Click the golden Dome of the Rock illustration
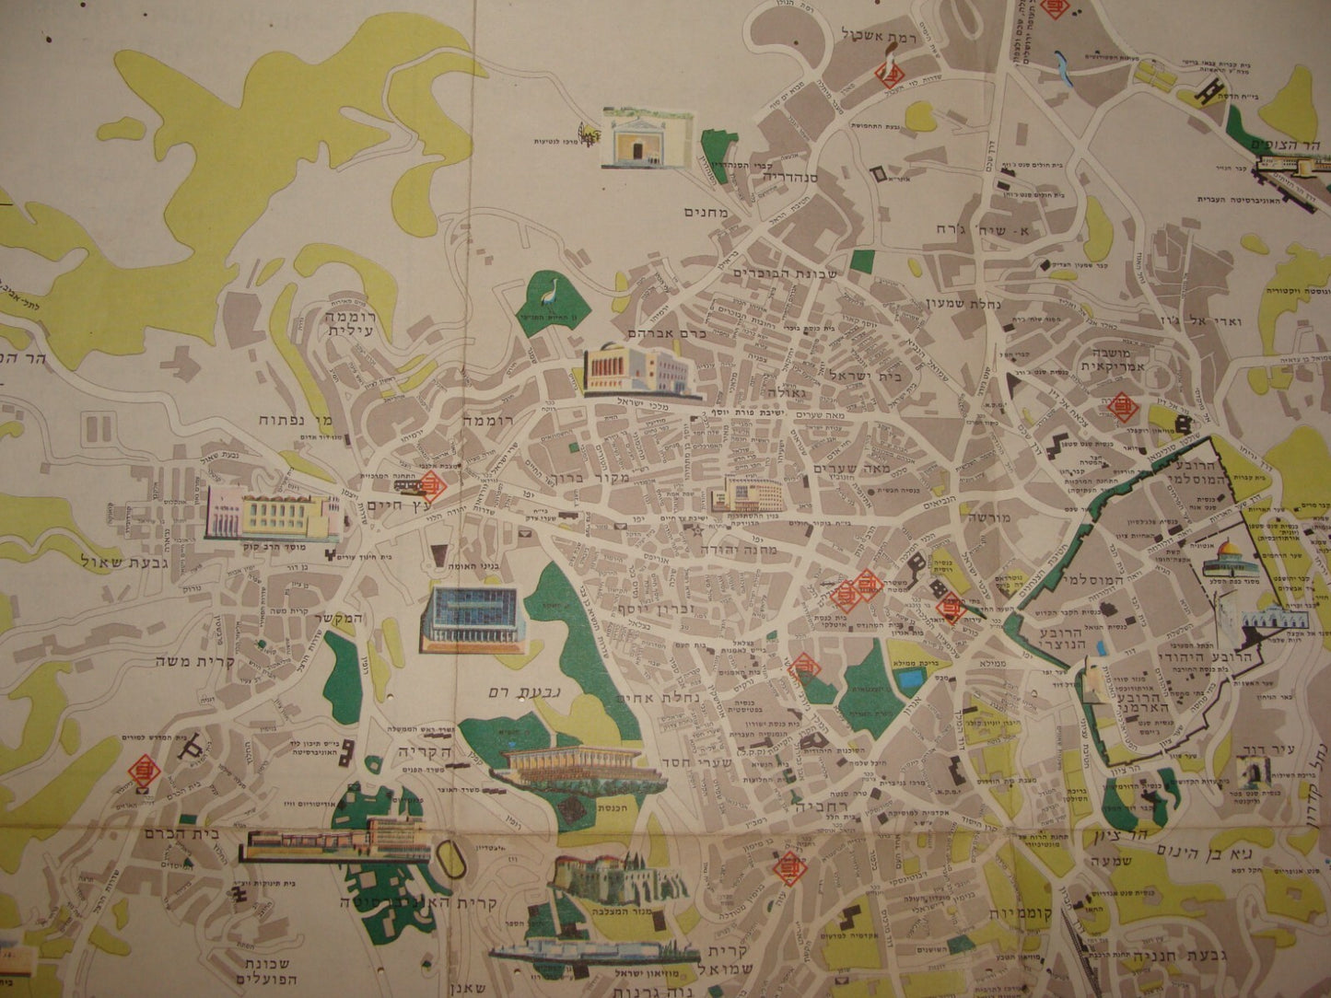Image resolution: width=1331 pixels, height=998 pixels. click(1221, 559)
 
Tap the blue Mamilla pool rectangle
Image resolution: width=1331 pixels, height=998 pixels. click(909, 680)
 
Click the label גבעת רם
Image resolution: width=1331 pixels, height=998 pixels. click(518, 689)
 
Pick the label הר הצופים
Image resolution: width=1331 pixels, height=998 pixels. click(1286, 145)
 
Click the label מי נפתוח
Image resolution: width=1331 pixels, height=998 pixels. click(293, 423)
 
